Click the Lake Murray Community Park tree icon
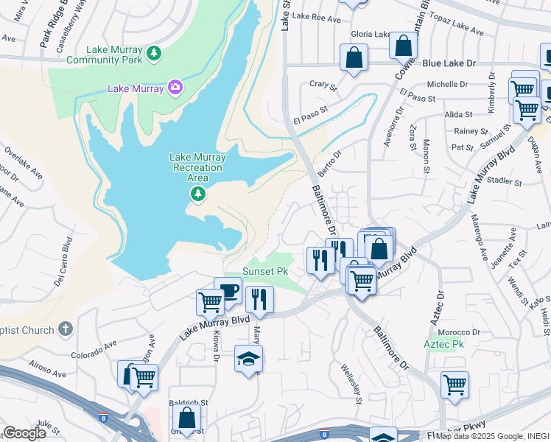point(153,53)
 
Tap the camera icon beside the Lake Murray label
point(175,88)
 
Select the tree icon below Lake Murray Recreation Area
point(197,194)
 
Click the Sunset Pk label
point(264,271)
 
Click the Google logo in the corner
point(24,433)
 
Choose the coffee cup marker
point(228,290)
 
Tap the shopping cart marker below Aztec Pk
point(455,384)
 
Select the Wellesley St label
point(351,383)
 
